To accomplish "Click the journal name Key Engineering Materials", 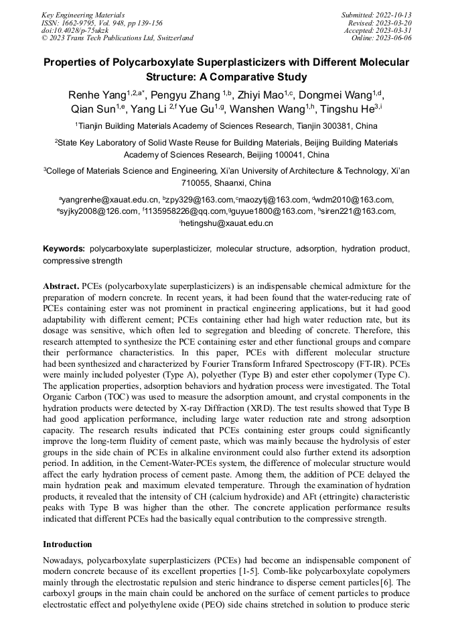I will click(x=82, y=14).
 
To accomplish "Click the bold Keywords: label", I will click(x=64, y=249).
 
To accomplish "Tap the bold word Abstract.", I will click(x=61, y=285).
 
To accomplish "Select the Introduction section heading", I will click(x=68, y=544).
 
